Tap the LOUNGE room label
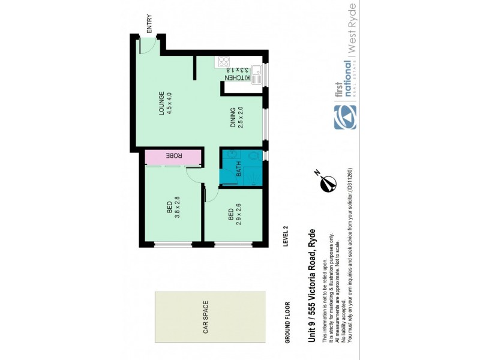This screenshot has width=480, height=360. pyautogui.click(x=161, y=102)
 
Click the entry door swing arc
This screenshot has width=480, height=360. pyautogui.click(x=148, y=46)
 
